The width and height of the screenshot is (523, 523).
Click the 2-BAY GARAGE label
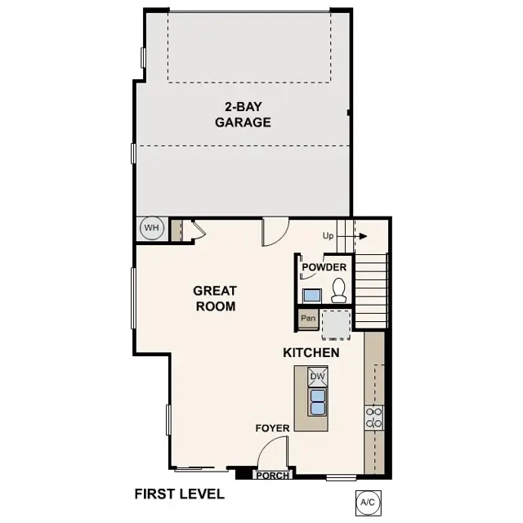[x=243, y=114]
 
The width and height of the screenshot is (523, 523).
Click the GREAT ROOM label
[x=215, y=298]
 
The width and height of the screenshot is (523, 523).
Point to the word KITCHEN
[x=311, y=353]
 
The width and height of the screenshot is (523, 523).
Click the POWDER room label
[x=324, y=267]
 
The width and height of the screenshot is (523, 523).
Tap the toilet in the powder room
[x=338, y=288]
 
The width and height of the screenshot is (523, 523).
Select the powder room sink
[x=311, y=294]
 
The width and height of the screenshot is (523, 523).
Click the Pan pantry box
[x=308, y=318]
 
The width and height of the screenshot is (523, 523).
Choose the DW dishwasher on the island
[x=317, y=377]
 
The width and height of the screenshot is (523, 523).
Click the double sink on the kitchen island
[x=317, y=400]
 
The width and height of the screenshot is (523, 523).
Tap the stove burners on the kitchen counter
[x=374, y=418]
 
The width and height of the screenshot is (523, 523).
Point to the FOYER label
[x=271, y=427]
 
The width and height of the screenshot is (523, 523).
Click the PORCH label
[x=272, y=475]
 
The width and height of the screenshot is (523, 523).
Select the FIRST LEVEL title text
[x=179, y=494]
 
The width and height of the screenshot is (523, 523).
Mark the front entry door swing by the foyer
[x=275, y=454]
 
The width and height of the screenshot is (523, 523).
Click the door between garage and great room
[x=273, y=232]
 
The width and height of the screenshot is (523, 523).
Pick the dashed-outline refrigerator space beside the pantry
[x=335, y=323]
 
